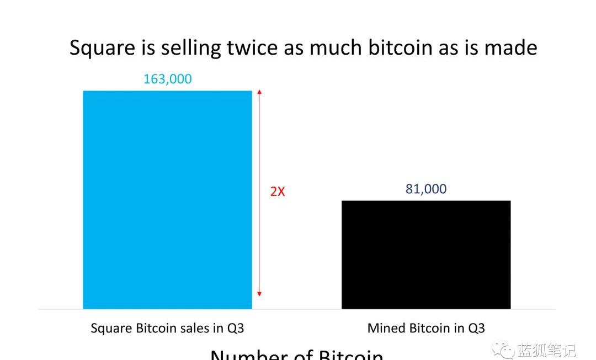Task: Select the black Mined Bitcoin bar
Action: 426,255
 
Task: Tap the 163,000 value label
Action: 167,79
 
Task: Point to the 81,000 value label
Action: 426,189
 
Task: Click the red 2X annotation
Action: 278,192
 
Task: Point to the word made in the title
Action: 510,48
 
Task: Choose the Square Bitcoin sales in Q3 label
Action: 167,329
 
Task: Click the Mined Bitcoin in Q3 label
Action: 426,329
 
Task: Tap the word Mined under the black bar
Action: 386,329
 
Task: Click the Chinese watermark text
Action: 546,350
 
